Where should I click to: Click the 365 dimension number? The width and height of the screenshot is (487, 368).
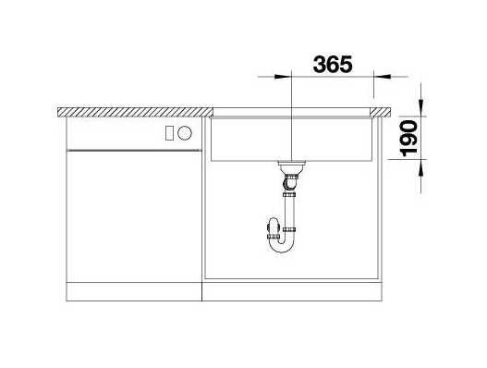333,65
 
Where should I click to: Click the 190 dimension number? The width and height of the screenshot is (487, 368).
408,139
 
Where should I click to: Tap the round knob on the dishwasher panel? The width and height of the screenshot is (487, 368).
185,133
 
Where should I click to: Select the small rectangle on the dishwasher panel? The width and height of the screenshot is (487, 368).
169,133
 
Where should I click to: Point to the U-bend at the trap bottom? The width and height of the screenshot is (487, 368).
281,246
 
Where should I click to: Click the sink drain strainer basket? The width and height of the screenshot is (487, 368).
291,167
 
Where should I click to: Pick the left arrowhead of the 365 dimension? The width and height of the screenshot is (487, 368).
283,77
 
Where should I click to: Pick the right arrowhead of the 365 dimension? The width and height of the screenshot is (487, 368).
382,77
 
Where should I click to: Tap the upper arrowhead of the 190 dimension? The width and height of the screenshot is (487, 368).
420,107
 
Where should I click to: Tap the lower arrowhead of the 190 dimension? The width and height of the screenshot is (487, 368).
420,168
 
